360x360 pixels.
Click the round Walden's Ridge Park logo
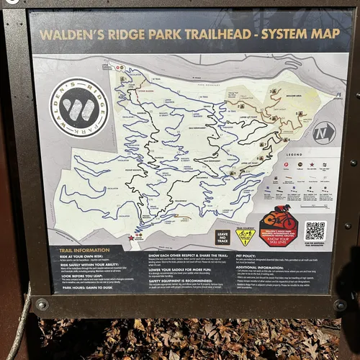point(79,108)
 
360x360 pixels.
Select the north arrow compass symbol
point(323,132)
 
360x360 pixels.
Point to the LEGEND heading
point(294,155)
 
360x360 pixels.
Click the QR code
point(315,230)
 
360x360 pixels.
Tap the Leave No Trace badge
point(223,237)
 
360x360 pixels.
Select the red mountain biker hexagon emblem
point(279,224)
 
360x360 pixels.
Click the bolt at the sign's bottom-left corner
point(41,304)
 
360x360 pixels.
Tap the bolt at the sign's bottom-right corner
point(341,305)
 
